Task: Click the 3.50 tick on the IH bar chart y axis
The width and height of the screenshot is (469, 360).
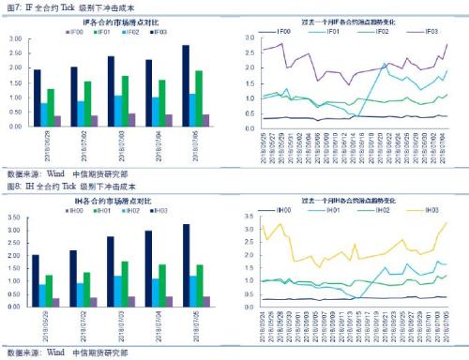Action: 12,216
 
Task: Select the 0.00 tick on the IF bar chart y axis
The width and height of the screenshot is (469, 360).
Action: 12,126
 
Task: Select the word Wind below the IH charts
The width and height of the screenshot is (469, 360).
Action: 55,353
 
